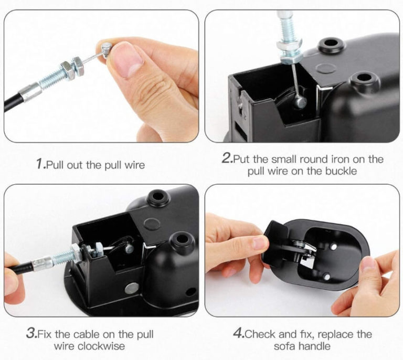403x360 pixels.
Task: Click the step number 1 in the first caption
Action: point(40,164)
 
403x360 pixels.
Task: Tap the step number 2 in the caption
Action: point(226,158)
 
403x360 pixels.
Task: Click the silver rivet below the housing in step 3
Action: point(132,288)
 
